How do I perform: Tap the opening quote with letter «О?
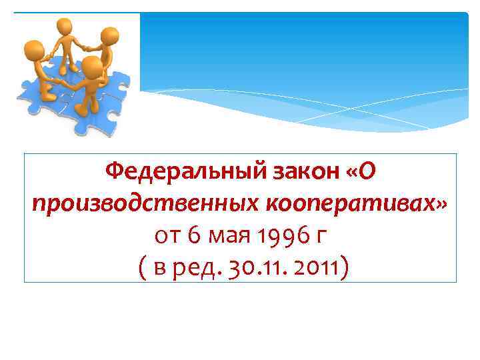[362, 173]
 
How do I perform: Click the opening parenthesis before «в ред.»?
[137, 268]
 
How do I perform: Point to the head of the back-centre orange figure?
[65, 27]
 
